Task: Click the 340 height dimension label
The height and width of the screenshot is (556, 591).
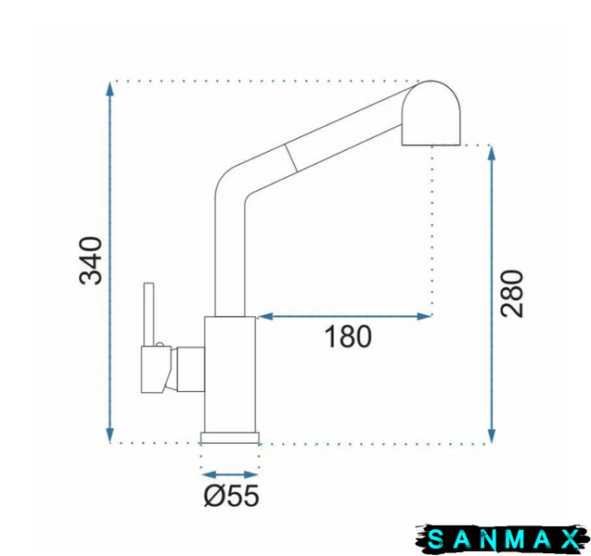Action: click(x=91, y=260)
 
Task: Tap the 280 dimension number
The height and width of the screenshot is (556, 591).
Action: click(x=511, y=294)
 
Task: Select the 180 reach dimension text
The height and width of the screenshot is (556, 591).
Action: click(x=348, y=336)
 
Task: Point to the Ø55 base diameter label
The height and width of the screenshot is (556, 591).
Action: click(x=231, y=496)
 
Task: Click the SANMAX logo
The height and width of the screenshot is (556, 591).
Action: click(x=503, y=539)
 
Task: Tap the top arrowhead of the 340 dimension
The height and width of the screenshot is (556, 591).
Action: click(x=109, y=89)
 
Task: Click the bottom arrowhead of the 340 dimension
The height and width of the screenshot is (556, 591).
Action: click(x=109, y=436)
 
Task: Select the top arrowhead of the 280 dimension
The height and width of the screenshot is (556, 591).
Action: click(x=491, y=153)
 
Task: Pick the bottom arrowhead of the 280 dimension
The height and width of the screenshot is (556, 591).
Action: click(x=491, y=436)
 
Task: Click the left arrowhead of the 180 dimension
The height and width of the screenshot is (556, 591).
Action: click(x=265, y=316)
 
